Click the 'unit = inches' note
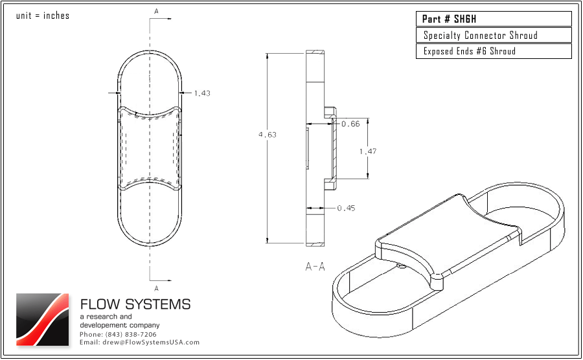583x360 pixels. tap(42, 16)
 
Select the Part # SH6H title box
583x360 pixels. tap(494, 19)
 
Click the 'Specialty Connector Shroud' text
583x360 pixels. tap(481, 35)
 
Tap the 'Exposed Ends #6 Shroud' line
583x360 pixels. tap(470, 51)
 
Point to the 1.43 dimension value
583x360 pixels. tap(202, 93)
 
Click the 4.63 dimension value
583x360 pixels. tap(267, 135)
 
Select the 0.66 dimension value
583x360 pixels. tap(350, 124)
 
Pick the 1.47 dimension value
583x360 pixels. tap(368, 151)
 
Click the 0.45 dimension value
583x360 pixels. tap(346, 208)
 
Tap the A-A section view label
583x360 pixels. tap(315, 266)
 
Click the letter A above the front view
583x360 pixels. tap(156, 11)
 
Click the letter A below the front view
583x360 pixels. tap(156, 287)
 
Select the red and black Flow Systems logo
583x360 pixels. tap(42, 319)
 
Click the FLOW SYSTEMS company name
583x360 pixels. tap(135, 304)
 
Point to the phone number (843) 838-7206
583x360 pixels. tap(118, 334)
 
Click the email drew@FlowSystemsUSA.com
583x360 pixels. tap(139, 342)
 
